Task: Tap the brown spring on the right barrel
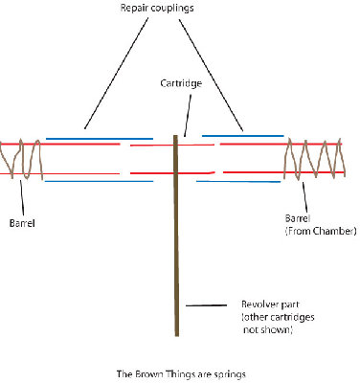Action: (317, 159)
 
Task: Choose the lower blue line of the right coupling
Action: (239, 180)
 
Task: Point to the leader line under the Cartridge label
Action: (184, 114)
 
